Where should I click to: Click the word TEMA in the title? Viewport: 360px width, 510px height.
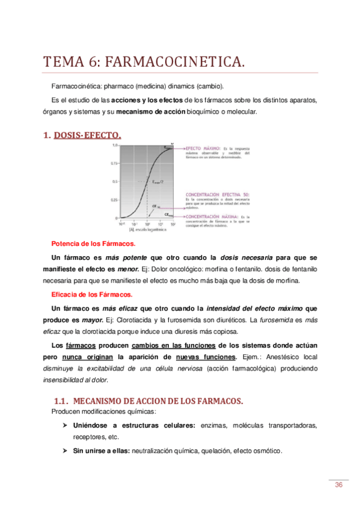(x=64, y=63)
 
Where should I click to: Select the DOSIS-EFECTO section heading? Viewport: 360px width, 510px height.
(x=87, y=136)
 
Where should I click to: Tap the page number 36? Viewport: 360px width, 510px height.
(x=338, y=485)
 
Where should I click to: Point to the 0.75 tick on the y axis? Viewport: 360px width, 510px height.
(x=114, y=163)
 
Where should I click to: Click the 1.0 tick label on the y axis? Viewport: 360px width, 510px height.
(x=114, y=146)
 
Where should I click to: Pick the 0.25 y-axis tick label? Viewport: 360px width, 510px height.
(x=114, y=200)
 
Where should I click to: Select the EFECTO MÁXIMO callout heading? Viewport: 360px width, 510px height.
(x=203, y=147)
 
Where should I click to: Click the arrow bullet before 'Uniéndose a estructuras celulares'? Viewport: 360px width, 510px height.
(x=65, y=426)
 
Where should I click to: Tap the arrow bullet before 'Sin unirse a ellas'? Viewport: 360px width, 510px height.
(x=65, y=452)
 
